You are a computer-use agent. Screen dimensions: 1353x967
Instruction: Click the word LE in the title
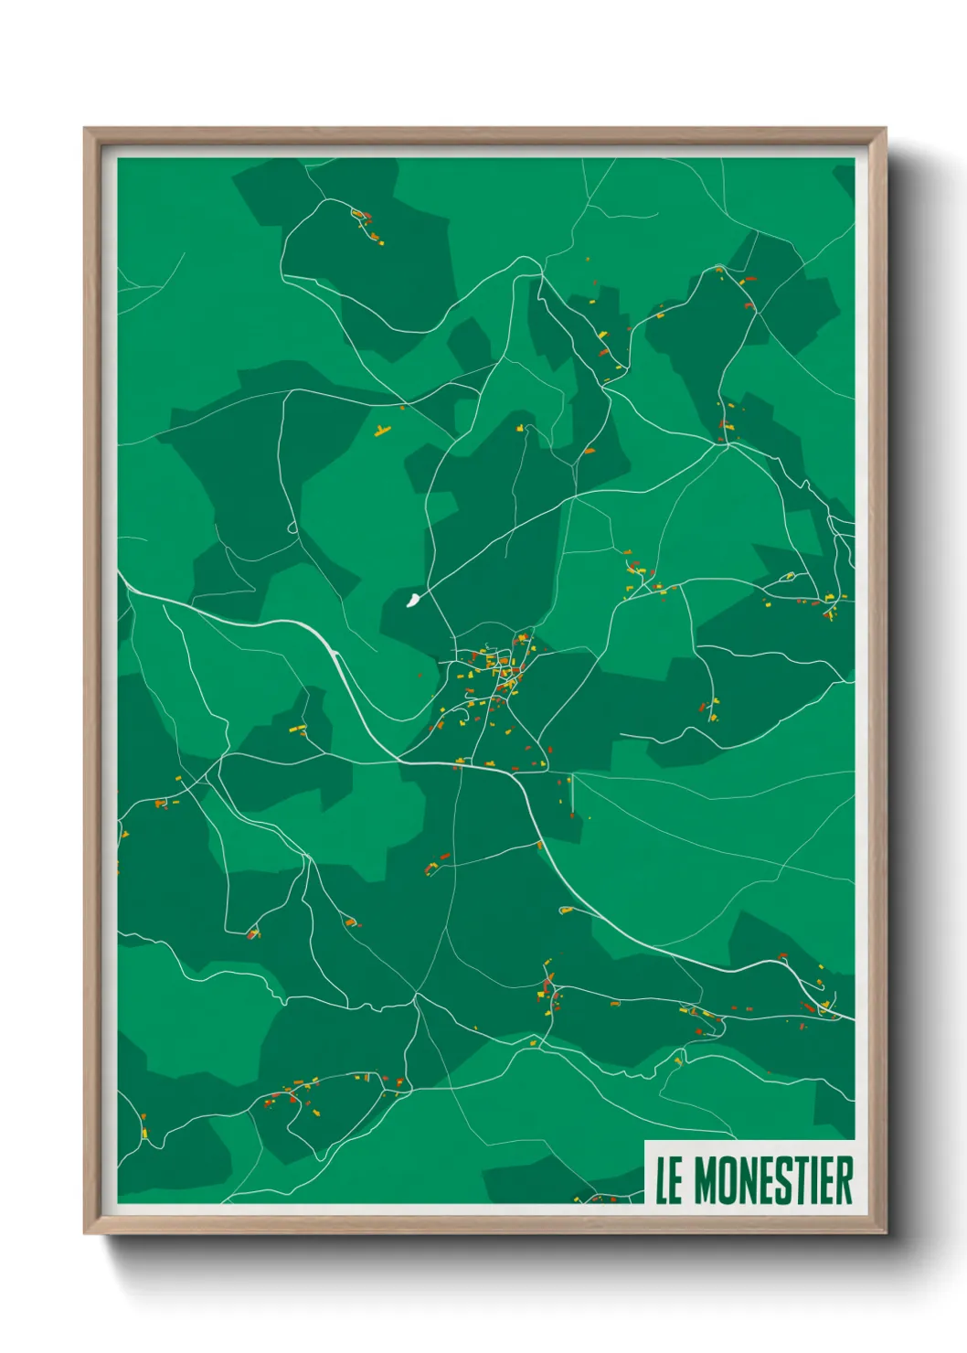tap(668, 1180)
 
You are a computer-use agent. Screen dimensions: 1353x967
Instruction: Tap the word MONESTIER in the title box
tap(773, 1180)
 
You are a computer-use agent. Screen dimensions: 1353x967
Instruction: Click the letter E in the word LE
tap(675, 1180)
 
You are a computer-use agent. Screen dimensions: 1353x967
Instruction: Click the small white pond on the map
tap(412, 600)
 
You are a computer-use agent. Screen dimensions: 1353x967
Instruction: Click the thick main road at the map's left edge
tap(128, 585)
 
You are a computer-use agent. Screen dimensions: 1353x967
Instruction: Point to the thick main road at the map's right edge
tap(846, 1016)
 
